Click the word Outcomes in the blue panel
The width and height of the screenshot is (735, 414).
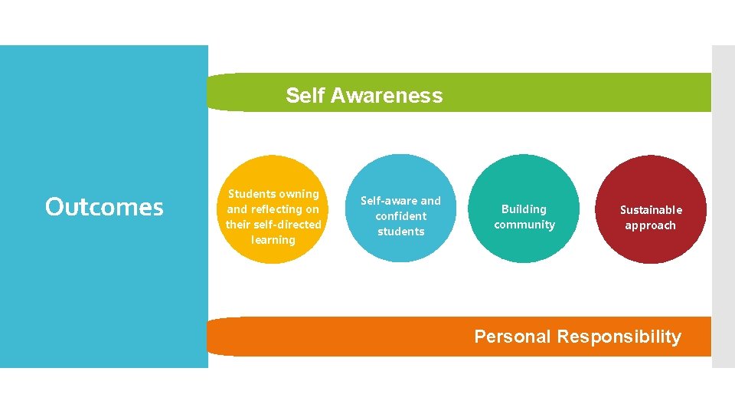click(x=104, y=207)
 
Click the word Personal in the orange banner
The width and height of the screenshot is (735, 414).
click(x=512, y=337)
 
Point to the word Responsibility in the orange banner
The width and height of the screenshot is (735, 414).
click(x=619, y=337)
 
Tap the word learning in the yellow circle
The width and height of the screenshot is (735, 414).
click(x=273, y=240)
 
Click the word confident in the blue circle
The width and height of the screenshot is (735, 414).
click(x=401, y=216)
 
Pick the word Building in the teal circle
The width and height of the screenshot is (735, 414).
click(x=524, y=209)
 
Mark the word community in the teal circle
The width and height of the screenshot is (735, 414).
click(x=524, y=225)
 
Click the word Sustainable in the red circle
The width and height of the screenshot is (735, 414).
click(x=651, y=210)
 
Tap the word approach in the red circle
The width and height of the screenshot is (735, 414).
click(x=651, y=225)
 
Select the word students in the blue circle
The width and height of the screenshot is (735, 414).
click(x=401, y=232)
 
